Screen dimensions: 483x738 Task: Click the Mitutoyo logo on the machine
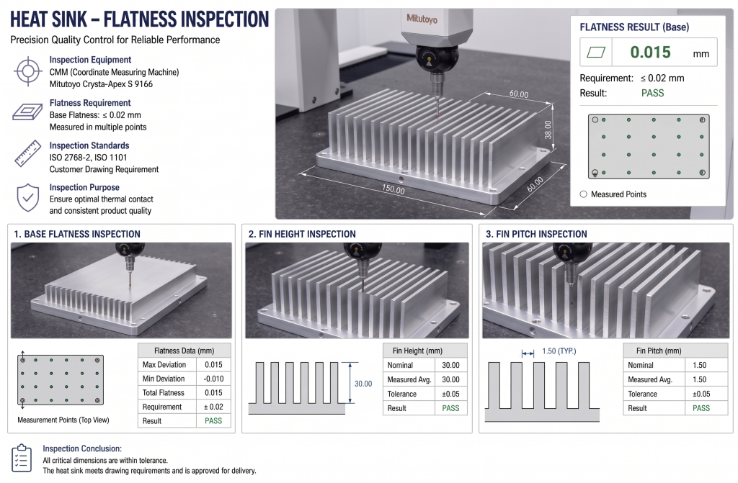click(422, 18)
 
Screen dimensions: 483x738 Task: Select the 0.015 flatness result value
click(650, 53)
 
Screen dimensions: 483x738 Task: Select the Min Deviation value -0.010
click(213, 379)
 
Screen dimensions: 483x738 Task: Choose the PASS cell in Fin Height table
click(450, 408)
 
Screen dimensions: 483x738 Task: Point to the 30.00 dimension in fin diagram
click(363, 384)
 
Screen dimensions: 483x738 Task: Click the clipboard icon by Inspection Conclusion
click(22, 458)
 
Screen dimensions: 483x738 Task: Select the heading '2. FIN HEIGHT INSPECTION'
click(302, 234)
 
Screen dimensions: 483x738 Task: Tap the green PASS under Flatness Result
click(652, 93)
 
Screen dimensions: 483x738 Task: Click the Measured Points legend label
click(618, 194)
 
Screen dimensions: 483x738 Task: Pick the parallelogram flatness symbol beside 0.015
click(597, 53)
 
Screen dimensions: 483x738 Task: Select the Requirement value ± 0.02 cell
click(213, 407)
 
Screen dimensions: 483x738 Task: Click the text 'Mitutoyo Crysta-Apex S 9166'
click(101, 84)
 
